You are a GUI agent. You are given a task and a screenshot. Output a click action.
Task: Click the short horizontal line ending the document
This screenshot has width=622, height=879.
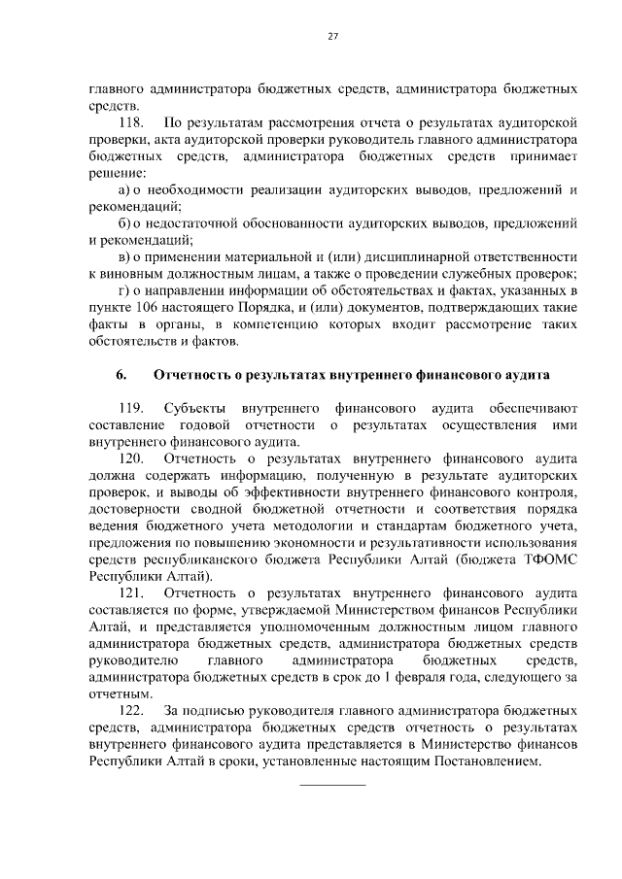tap(331, 783)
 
